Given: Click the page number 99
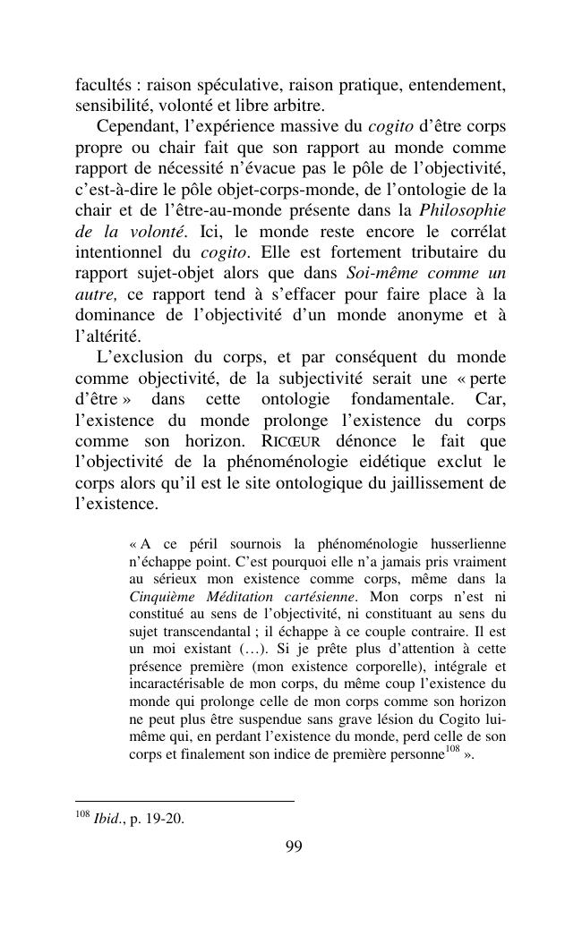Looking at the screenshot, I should tap(293, 847).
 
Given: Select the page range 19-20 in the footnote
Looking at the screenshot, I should tap(165, 819).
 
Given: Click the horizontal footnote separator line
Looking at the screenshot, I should tap(184, 801).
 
